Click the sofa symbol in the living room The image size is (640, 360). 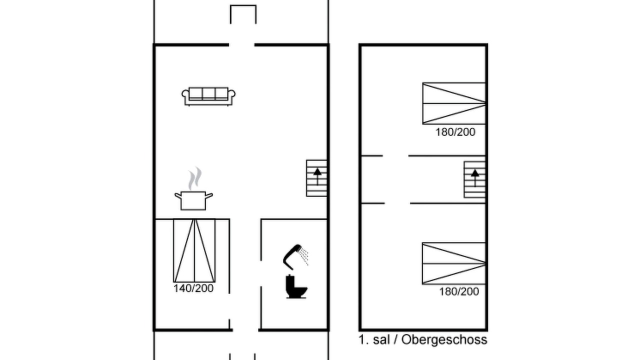point(208,96)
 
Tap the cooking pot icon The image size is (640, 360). point(193,200)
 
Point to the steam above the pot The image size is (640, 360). point(195,178)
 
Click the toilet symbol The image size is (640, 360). point(296,286)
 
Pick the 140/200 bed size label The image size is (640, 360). point(193,288)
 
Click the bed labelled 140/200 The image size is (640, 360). point(194,250)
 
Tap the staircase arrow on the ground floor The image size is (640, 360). point(317,176)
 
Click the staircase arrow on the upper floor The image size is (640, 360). point(475,177)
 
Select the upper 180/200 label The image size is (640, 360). point(455,132)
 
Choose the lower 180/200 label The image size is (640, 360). point(459,291)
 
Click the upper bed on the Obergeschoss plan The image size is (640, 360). point(453,103)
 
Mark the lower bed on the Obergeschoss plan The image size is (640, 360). point(453,263)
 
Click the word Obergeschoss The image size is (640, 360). point(444,339)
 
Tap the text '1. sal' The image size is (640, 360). point(374,339)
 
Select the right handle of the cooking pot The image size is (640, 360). point(209,195)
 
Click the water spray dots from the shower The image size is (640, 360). point(304,256)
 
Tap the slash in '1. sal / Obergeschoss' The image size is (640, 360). point(395,339)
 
